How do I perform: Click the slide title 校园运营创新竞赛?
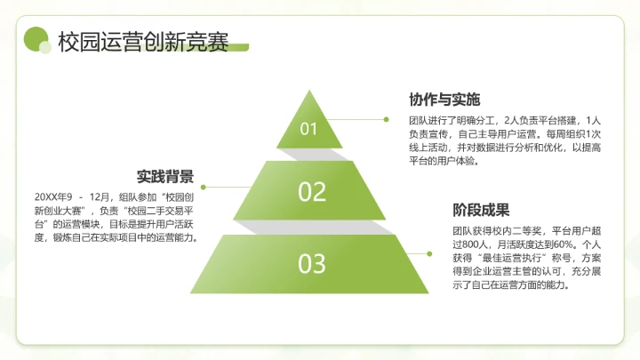[x=142, y=41]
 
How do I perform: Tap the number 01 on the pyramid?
[x=308, y=129]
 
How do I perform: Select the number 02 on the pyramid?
[x=312, y=191]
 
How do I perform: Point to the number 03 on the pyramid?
[x=311, y=263]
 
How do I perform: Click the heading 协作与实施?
[x=444, y=99]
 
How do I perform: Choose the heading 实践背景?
[x=165, y=176]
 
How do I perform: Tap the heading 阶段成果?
[x=481, y=211]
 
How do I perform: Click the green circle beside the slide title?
[x=35, y=39]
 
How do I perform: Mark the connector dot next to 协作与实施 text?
[x=386, y=118]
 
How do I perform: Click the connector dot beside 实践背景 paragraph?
[x=204, y=188]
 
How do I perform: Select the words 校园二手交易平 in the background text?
[x=164, y=211]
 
